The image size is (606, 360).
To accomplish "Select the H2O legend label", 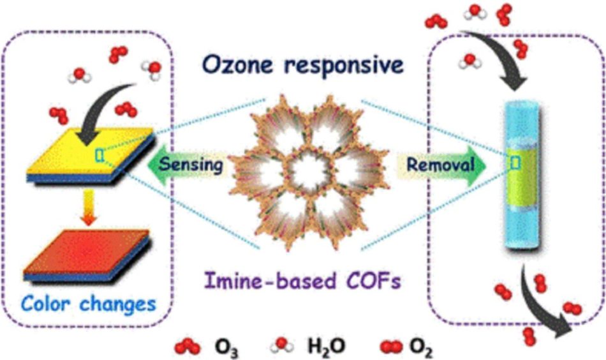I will pyautogui.click(x=325, y=349).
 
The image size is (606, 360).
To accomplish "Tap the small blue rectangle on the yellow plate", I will pyautogui.click(x=99, y=155).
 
